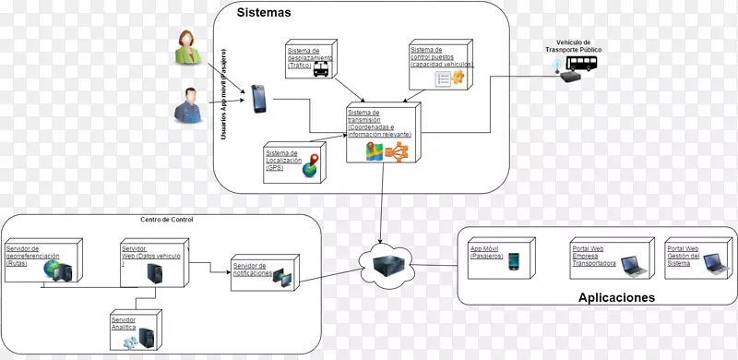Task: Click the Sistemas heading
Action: [264, 13]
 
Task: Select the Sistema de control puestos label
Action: [441, 57]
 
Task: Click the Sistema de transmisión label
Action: [378, 123]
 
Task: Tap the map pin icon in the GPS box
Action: [315, 165]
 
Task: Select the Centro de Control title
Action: [167, 220]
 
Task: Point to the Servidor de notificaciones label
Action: [253, 270]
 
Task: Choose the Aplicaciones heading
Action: [616, 298]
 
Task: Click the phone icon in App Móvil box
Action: [514, 260]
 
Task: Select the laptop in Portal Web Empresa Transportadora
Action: [633, 267]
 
